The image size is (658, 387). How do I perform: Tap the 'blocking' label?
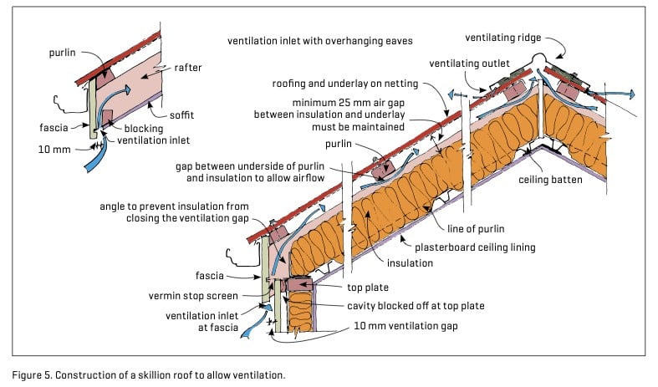pyautogui.click(x=144, y=128)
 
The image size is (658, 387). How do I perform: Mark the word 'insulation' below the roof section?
pyautogui.click(x=409, y=262)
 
